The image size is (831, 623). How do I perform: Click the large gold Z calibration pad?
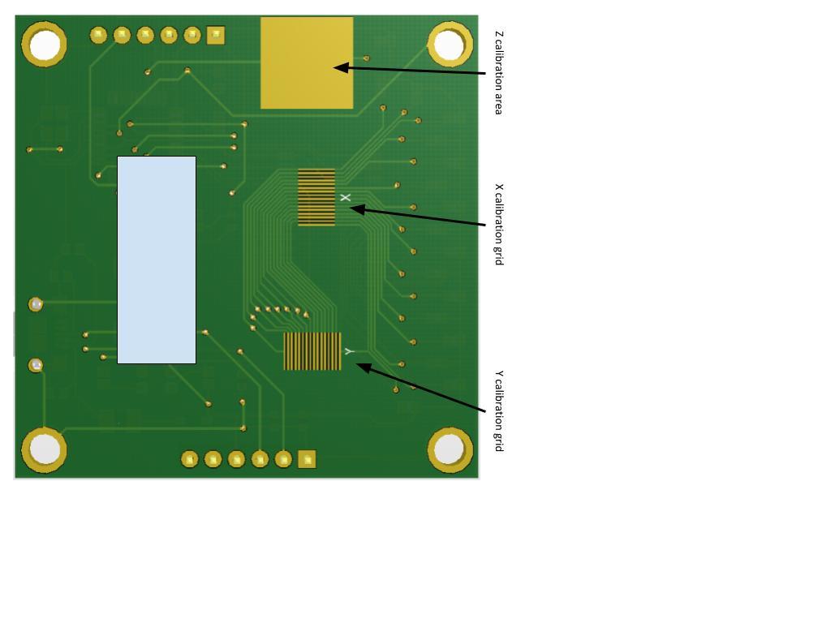[x=307, y=63]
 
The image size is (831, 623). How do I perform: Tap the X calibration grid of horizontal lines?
[x=316, y=197]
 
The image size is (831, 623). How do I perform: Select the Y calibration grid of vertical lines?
[x=312, y=350]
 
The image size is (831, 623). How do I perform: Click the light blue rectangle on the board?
[x=157, y=260]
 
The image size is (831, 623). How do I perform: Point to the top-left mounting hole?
[x=44, y=45]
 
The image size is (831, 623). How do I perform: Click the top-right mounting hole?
[x=450, y=45]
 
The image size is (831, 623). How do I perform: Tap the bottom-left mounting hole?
[x=44, y=449]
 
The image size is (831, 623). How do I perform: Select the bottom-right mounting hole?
[x=450, y=449]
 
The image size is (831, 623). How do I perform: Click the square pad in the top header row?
[x=216, y=36]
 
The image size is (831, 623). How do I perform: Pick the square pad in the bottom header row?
[x=307, y=459]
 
